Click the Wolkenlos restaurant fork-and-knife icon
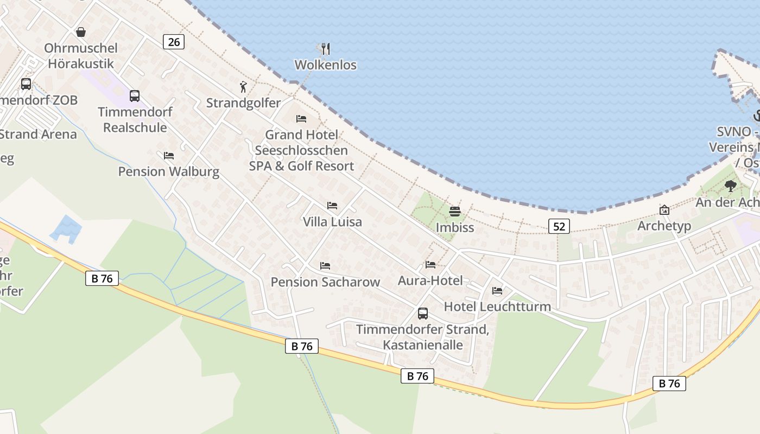(x=325, y=49)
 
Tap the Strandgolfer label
(x=243, y=103)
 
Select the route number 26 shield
(x=174, y=41)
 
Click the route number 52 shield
(x=559, y=226)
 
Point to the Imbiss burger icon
(x=454, y=211)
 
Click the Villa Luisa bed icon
(x=332, y=206)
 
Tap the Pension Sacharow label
(x=325, y=282)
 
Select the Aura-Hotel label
(x=430, y=280)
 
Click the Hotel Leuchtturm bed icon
(x=497, y=291)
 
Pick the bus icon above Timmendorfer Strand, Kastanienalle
(x=422, y=314)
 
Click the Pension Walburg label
(x=169, y=171)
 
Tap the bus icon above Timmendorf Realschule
(x=135, y=96)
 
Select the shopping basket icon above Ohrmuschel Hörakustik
(x=81, y=32)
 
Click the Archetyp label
(x=664, y=226)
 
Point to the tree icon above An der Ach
(x=731, y=186)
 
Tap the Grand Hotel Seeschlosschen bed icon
(x=301, y=119)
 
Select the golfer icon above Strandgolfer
(x=243, y=87)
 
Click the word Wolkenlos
(x=325, y=65)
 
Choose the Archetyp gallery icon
(x=664, y=210)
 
